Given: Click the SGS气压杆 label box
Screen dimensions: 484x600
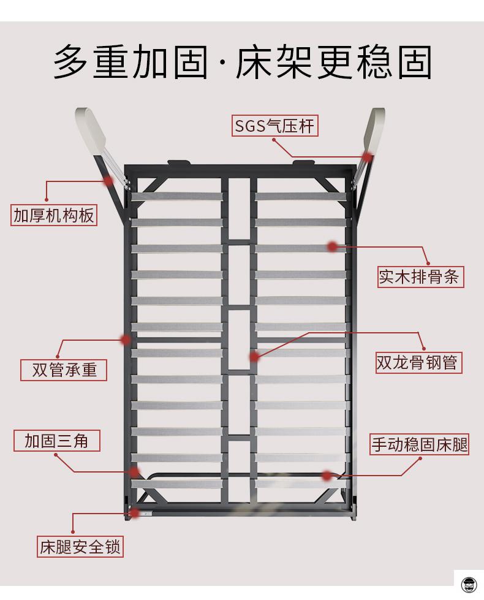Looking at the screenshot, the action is point(274,126).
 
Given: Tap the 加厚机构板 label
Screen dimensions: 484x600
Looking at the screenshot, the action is point(53,215).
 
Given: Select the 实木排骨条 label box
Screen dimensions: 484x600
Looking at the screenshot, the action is point(420,276).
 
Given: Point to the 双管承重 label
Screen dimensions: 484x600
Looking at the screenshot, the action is point(64,370).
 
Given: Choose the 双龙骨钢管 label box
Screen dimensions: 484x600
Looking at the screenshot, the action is point(418,362).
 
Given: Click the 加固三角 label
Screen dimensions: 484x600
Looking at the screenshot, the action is point(56,441).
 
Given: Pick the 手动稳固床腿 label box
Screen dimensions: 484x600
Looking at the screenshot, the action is point(419,444).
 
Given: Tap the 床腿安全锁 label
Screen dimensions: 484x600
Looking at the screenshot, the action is point(80,547).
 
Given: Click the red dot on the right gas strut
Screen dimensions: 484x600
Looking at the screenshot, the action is point(368,156).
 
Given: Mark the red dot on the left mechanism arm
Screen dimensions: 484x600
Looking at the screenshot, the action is point(108,181).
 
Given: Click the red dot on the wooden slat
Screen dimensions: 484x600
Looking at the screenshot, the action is point(333,247).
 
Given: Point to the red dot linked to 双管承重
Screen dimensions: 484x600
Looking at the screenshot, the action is point(125,340).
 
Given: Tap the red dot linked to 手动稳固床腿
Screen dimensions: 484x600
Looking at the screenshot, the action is point(327,476).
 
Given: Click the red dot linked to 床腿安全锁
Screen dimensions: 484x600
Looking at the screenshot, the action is point(134,513).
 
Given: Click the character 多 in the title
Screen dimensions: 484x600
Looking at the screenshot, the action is point(71,62).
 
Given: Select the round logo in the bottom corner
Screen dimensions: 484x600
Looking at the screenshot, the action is point(469,585).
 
